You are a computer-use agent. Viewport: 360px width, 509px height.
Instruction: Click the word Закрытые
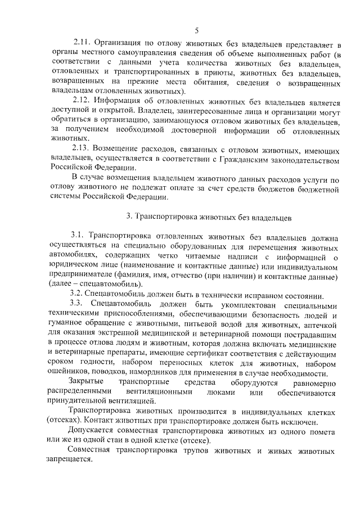click(84, 382)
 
